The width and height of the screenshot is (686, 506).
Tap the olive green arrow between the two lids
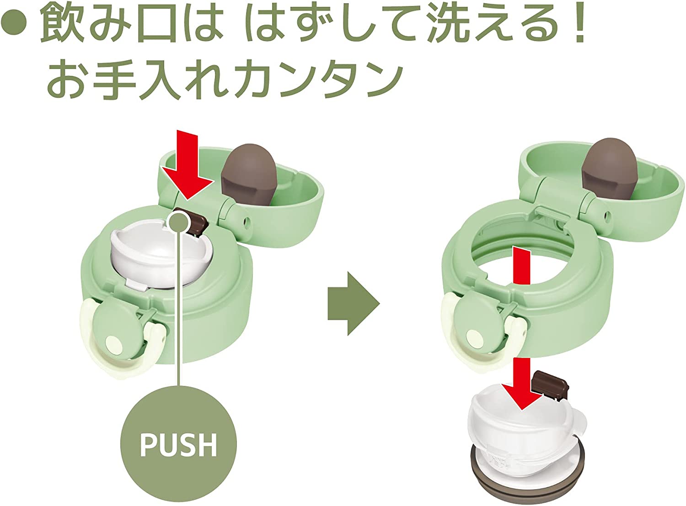coord(353,303)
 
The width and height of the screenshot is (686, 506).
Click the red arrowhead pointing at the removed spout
coord(522,396)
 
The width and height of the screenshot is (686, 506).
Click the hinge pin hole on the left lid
coord(247,221)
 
